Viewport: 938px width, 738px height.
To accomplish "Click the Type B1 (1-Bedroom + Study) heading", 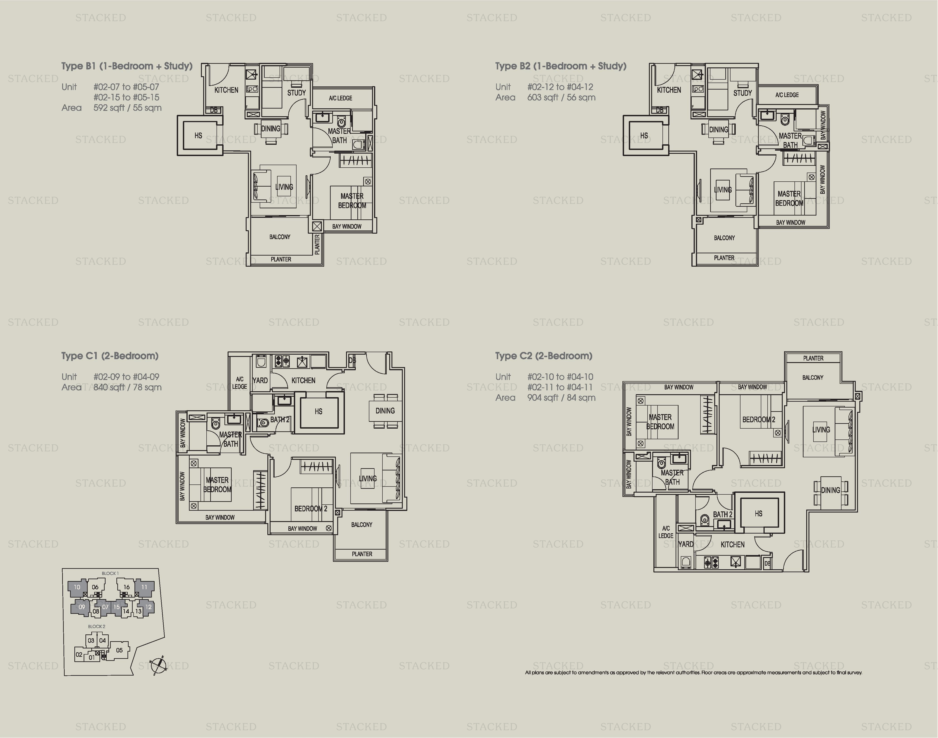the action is coord(127,66).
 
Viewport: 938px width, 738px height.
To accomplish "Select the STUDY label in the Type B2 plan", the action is coord(742,93).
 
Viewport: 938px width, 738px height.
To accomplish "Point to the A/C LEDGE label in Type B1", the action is coord(340,98).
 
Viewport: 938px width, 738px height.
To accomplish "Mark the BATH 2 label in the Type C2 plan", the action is coord(723,514).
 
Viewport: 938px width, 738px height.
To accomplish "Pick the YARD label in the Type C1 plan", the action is coord(260,380).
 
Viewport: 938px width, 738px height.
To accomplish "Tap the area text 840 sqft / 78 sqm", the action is coord(127,387).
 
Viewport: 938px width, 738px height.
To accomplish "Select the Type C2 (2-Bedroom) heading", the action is coord(544,356).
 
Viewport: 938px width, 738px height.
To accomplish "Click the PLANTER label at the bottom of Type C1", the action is coord(362,554).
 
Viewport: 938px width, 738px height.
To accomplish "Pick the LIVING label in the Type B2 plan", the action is coord(723,190).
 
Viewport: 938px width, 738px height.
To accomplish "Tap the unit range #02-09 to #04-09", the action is coord(126,377).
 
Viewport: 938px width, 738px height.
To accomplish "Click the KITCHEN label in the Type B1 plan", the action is coord(226,90).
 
